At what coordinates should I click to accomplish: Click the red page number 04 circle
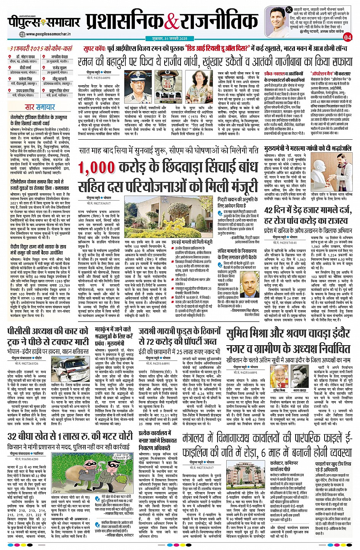point(347,37)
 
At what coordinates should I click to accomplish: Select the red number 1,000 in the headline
point(97,168)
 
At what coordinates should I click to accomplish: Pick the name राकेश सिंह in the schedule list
point(25,79)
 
